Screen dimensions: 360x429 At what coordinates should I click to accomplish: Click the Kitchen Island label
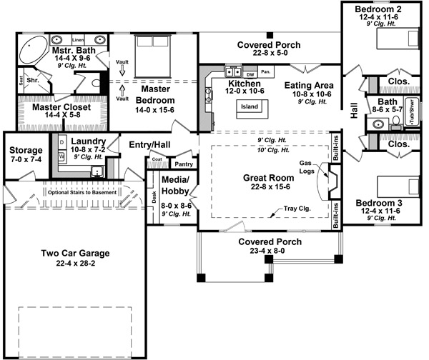coord(250,107)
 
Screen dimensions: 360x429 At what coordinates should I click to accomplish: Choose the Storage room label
coord(25,151)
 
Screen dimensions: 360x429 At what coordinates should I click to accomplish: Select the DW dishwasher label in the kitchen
coord(250,74)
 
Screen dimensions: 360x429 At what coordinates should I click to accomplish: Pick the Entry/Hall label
coord(148,145)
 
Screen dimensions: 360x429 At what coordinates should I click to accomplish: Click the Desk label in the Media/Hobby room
coord(153,194)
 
